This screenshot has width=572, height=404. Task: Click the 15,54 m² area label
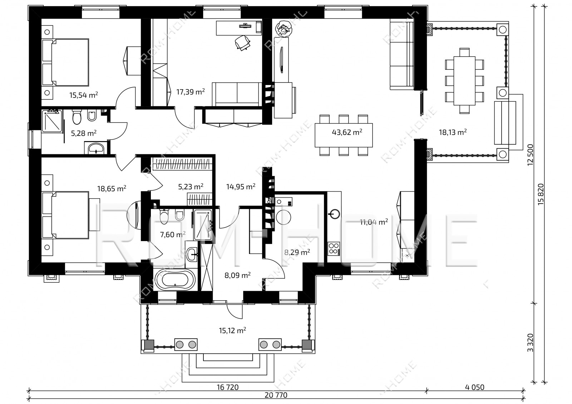tap(84, 95)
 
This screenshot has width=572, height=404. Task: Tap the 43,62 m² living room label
tap(347, 132)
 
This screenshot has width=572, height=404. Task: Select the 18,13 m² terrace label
tap(453, 132)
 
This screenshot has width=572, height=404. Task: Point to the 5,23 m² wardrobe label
tap(191, 187)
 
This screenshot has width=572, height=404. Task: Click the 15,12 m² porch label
tap(232, 330)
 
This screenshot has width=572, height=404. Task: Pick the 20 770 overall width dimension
tap(276, 395)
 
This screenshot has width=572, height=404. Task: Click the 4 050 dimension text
tap(474, 388)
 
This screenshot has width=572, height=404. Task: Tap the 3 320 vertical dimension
tap(531, 343)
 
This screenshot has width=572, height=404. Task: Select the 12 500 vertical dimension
tap(531, 155)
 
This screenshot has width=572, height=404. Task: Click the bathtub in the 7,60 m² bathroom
tap(175, 279)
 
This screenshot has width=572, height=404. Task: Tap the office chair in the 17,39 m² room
tap(242, 43)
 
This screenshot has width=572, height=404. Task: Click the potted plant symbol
tap(283, 29)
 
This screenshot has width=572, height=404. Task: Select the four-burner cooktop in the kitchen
tap(334, 249)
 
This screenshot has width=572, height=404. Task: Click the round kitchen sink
tap(334, 214)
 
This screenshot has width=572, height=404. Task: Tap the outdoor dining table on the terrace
tap(464, 81)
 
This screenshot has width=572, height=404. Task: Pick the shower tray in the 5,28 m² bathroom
tap(52, 121)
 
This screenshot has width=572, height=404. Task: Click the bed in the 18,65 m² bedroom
tap(65, 215)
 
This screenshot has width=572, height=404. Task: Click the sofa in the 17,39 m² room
tap(237, 94)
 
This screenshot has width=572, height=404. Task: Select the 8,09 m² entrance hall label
tap(237, 275)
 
